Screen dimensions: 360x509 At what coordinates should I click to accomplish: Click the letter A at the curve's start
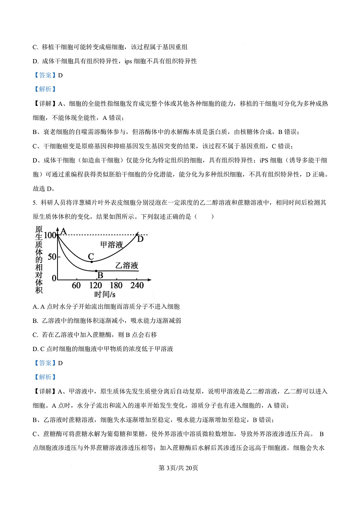[x=64, y=232]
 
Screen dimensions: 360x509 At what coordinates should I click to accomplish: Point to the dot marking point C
[x=91, y=262]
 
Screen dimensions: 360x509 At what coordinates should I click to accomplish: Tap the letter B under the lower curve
[x=100, y=275]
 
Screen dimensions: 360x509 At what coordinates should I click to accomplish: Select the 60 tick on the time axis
[x=76, y=286]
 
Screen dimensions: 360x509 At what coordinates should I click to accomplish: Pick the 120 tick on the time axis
[x=96, y=286]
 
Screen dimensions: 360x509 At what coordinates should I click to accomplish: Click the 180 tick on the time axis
[x=116, y=286]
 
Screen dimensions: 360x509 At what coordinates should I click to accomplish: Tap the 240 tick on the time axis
[x=137, y=286]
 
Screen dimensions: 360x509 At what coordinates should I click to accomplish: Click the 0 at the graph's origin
[x=54, y=278]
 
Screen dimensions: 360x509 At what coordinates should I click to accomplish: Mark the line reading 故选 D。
[x=44, y=189]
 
